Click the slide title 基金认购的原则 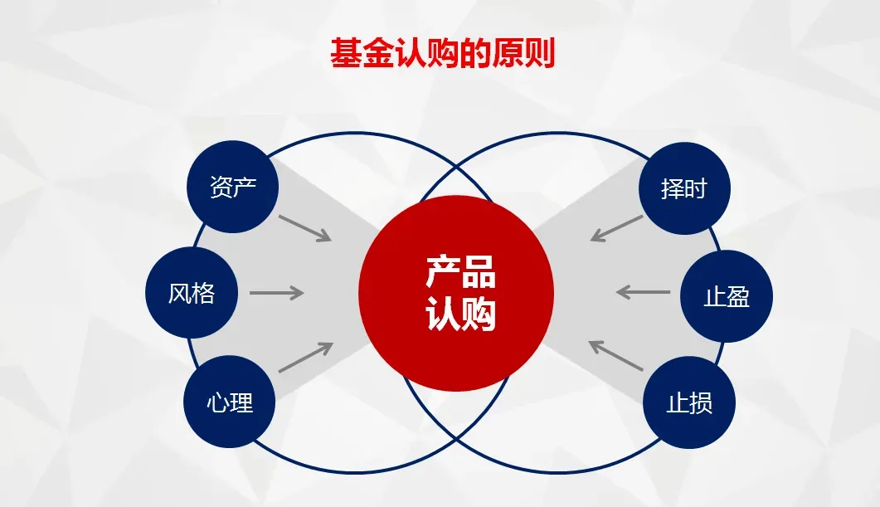tap(442, 53)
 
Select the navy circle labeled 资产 tap(233, 187)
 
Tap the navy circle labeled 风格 tap(192, 293)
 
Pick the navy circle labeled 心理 tap(229, 403)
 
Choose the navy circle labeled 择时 tap(684, 188)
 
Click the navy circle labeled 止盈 tap(726, 296)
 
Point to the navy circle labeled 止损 tap(689, 403)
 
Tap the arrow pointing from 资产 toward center tap(304, 228)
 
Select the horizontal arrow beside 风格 tap(276, 293)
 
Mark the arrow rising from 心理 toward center tap(305, 358)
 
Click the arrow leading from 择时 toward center tap(617, 228)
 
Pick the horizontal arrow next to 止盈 tap(644, 292)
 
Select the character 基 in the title tap(346, 53)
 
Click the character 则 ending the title tap(538, 53)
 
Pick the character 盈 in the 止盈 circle tap(737, 296)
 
